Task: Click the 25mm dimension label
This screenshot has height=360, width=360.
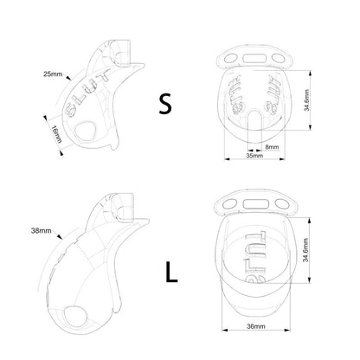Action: point(53,74)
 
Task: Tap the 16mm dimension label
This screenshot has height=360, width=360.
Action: point(57,134)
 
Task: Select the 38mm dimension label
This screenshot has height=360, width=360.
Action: point(42,231)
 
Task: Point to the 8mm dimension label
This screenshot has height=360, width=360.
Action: point(272,147)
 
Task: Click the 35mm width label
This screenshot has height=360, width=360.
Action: point(254,156)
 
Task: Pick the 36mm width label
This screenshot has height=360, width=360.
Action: point(256,326)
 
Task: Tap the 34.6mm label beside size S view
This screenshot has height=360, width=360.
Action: point(306,100)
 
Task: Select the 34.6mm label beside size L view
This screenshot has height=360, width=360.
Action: point(305,250)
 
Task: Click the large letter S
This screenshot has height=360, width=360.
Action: point(165,104)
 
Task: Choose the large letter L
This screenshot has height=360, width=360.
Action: point(171,272)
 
